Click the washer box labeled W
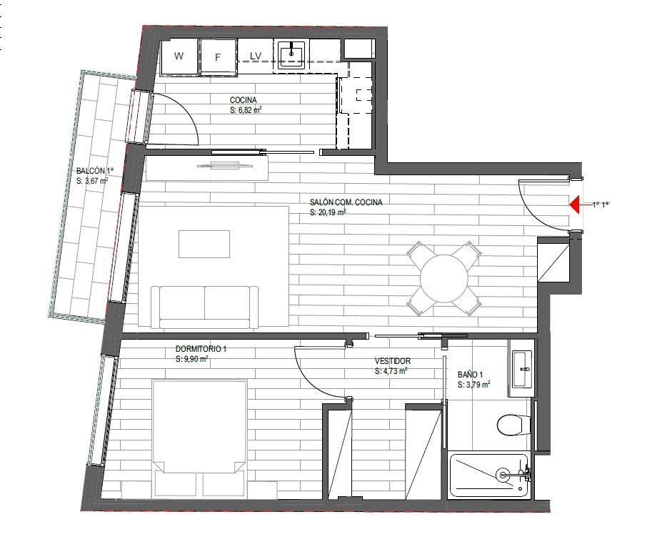pyautogui.click(x=179, y=56)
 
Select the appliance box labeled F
pyautogui.click(x=218, y=57)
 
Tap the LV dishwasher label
pyautogui.click(x=255, y=56)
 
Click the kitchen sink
pyautogui.click(x=291, y=54)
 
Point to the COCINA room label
pyautogui.click(x=244, y=100)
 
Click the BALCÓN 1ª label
pyautogui.click(x=95, y=171)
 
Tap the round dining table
pyautogui.click(x=443, y=279)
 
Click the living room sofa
pyautogui.click(x=204, y=307)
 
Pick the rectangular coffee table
pyautogui.click(x=204, y=244)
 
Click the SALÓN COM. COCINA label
pyautogui.click(x=346, y=202)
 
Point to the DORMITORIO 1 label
pyautogui.click(x=201, y=349)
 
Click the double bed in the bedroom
pyautogui.click(x=199, y=438)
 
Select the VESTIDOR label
pyautogui.click(x=393, y=361)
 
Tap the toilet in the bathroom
pyautogui.click(x=513, y=425)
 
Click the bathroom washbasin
pyautogui.click(x=522, y=369)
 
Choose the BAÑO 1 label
pyautogui.click(x=470, y=375)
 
